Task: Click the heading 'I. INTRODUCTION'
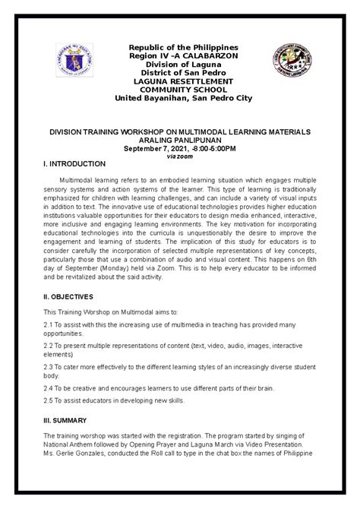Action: pos(75,164)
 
